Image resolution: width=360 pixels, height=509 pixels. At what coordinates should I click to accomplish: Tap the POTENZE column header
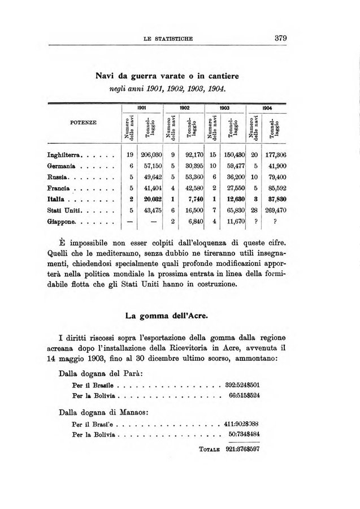click(x=83, y=122)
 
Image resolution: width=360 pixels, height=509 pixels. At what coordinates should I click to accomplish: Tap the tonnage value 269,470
click(x=274, y=210)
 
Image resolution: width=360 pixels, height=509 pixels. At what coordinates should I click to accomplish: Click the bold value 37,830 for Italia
click(x=275, y=199)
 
